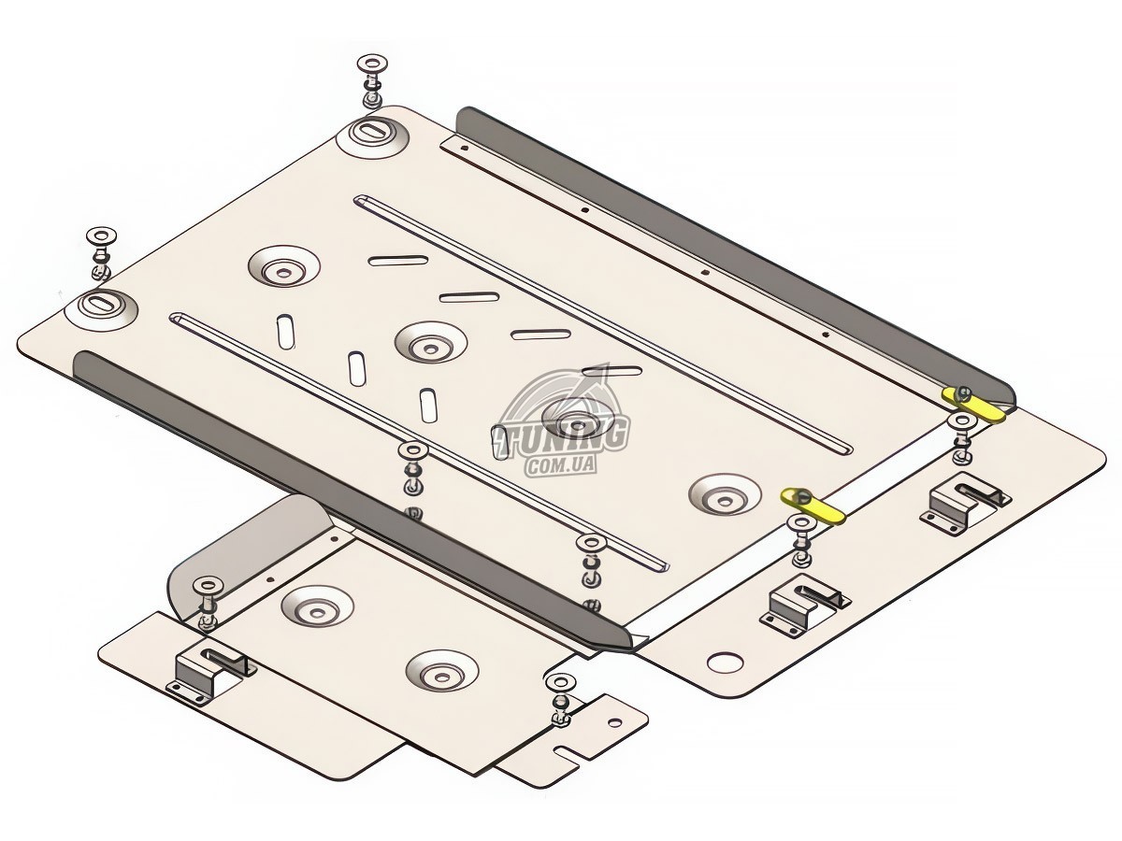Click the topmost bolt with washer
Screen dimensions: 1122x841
373,80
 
